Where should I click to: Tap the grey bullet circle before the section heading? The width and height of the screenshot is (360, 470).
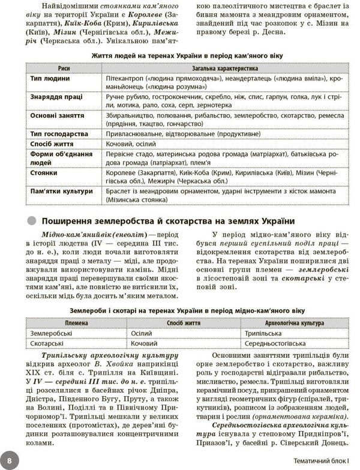tap(32, 218)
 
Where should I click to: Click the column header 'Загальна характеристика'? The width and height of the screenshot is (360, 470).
tap(224, 68)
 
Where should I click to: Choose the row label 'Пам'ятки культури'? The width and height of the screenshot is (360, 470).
tap(62, 191)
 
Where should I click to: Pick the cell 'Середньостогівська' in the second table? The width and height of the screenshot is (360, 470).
tap(273, 343)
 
